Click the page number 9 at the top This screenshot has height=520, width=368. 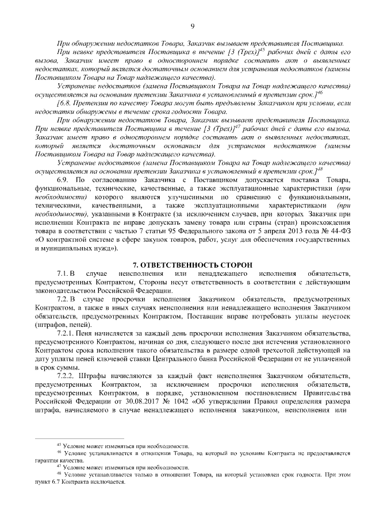(192, 25)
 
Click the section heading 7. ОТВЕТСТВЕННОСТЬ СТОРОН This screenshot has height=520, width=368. (192, 264)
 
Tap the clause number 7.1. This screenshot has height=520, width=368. (63, 275)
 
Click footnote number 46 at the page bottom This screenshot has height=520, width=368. (58, 453)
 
